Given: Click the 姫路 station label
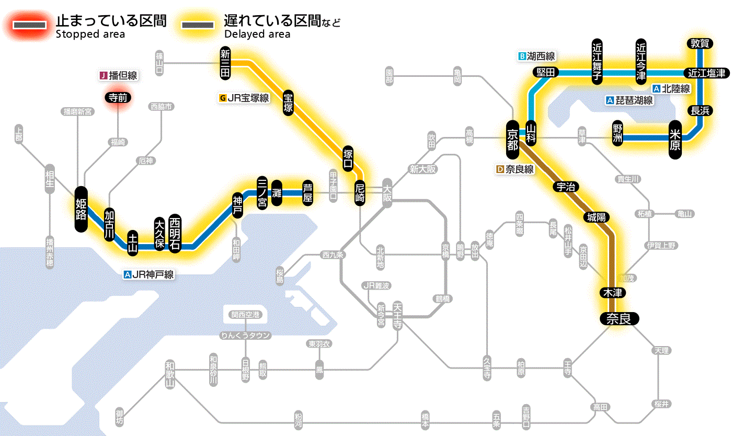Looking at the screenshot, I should point(81,209).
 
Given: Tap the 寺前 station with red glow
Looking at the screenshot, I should point(118,97).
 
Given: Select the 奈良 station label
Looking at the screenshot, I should point(619,318).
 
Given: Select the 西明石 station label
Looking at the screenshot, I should point(175,233).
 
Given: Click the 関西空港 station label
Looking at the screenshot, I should point(246,315).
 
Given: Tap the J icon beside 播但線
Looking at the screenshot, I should point(103,76).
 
